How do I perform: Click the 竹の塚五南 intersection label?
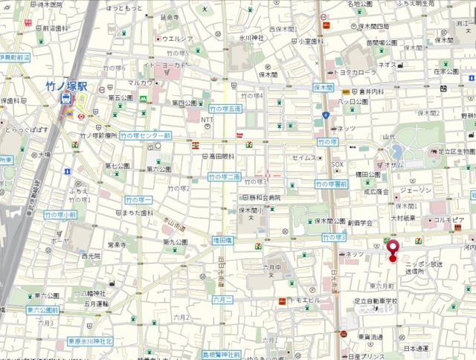[x=224, y=109]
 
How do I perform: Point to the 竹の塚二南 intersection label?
[x=224, y=177]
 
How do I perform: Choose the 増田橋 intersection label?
[x=223, y=240]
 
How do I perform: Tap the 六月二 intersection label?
[x=223, y=299]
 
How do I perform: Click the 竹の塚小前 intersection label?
[x=59, y=214]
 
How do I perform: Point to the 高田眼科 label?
[x=221, y=156]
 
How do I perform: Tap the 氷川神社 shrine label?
[x=251, y=36]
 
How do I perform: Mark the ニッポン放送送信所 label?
[x=424, y=268]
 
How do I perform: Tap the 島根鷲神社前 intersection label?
[x=221, y=356]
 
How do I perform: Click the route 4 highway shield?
[x=326, y=114]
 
